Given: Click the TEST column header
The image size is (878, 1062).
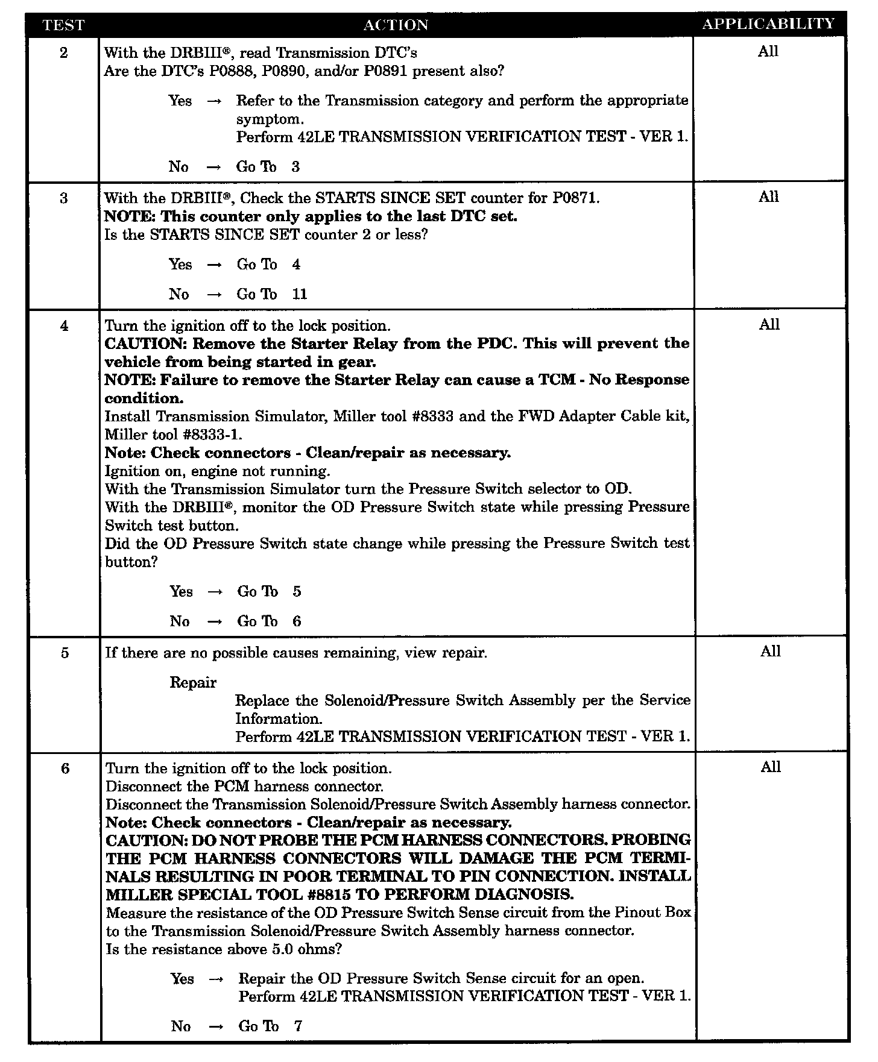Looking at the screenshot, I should click(x=64, y=25).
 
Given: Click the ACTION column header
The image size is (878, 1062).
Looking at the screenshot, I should click(x=396, y=25).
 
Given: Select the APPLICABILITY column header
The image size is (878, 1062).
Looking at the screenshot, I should click(x=768, y=24).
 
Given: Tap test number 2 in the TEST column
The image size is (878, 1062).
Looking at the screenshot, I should click(x=64, y=52).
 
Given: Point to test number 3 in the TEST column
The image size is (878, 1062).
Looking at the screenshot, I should click(x=64, y=198).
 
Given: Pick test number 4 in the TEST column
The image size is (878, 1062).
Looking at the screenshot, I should click(x=64, y=326).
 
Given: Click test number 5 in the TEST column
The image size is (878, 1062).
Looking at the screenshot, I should click(x=65, y=653).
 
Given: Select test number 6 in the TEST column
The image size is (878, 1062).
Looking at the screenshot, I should click(x=65, y=768).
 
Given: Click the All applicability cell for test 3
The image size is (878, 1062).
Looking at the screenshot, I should click(x=768, y=197).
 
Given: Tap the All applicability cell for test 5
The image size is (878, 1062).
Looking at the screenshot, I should click(x=770, y=652).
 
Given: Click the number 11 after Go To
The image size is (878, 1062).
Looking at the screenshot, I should click(x=300, y=294).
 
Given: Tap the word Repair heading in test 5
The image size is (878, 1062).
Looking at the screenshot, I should click(x=193, y=682).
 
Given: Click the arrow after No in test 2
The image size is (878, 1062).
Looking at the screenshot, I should click(x=214, y=167).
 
